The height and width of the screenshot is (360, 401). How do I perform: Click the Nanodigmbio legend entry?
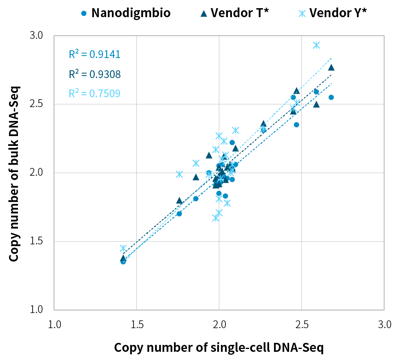tap(126, 13)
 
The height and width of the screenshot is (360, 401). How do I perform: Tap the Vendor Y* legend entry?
tap(333, 13)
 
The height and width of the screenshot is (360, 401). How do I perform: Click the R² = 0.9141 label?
tap(94, 55)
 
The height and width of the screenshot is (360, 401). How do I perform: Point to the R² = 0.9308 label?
tap(94, 74)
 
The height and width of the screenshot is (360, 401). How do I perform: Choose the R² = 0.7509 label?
tap(94, 94)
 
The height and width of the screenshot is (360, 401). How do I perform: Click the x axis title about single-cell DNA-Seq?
tap(219, 348)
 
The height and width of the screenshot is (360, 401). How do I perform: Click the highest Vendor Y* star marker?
tap(316, 45)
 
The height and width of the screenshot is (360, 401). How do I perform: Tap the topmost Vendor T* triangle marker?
tap(331, 67)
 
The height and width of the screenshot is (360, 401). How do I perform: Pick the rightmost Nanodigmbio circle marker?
tap(331, 97)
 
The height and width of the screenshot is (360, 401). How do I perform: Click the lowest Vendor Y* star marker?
tap(216, 218)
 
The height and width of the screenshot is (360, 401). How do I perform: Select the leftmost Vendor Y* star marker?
tap(123, 248)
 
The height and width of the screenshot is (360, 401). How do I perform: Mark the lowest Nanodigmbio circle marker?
tap(123, 262)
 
